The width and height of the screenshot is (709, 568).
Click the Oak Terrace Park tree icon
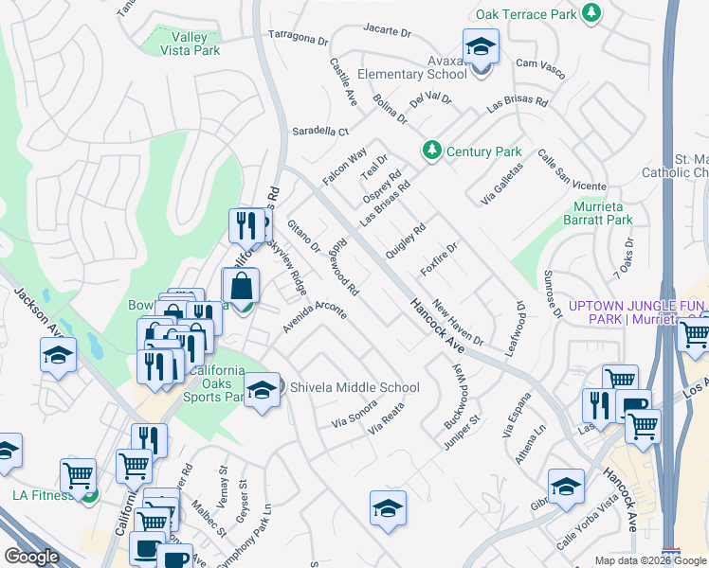(x=591, y=12)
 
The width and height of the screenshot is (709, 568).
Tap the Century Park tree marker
(x=432, y=151)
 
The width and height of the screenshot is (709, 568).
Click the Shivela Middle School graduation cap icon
(x=262, y=387)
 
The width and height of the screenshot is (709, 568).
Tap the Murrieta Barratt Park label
(x=603, y=213)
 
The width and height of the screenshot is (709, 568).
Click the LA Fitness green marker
(x=89, y=493)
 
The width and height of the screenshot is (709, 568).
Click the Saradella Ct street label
(x=320, y=132)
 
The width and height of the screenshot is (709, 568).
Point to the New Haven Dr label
(x=458, y=323)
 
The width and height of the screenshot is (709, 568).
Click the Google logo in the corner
(x=31, y=557)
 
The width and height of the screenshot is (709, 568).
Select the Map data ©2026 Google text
(x=650, y=560)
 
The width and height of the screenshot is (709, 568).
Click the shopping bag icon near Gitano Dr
(x=241, y=287)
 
